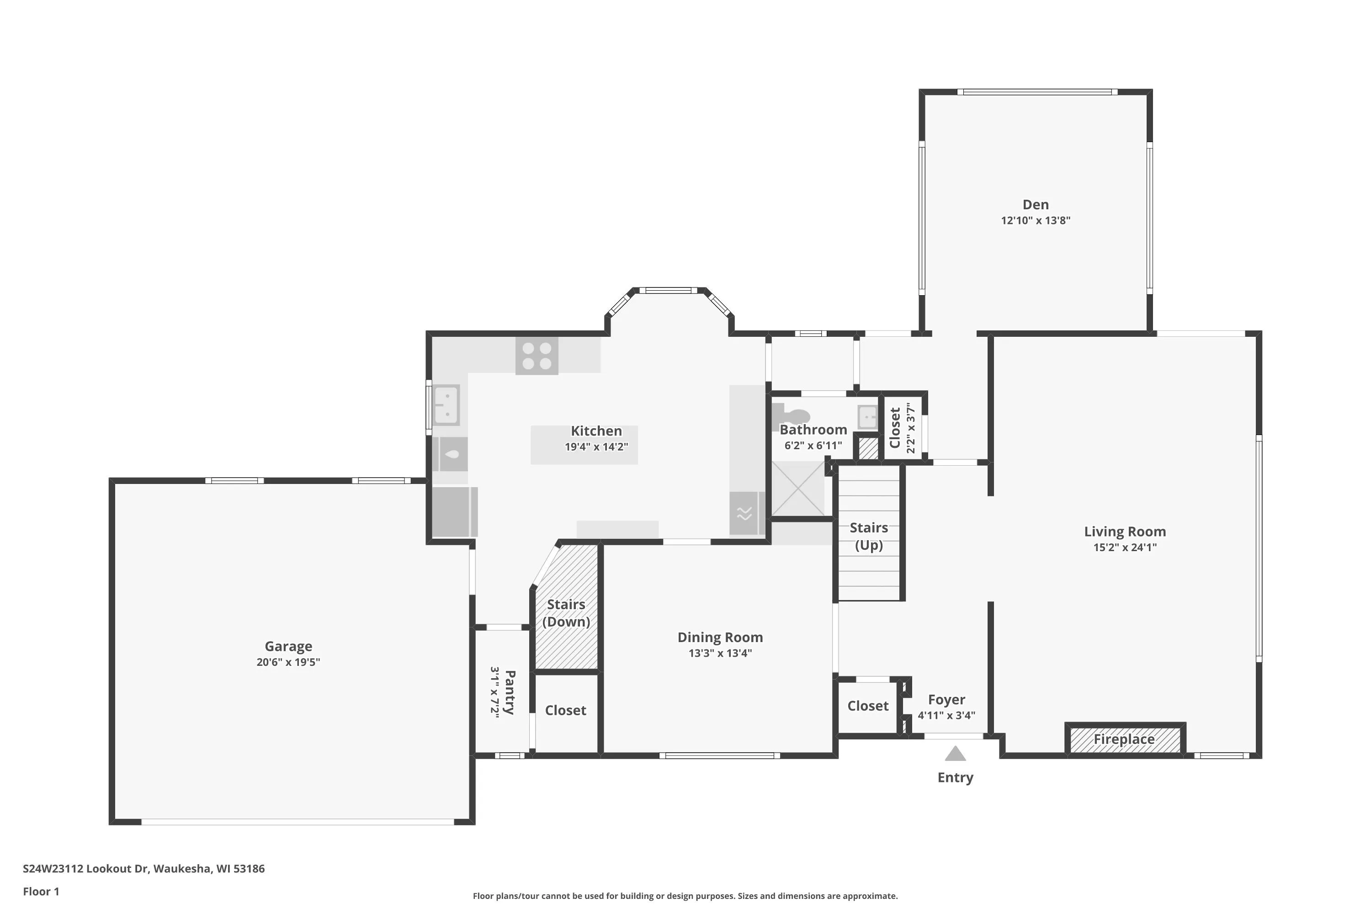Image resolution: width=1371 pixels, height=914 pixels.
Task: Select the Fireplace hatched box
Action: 1125,739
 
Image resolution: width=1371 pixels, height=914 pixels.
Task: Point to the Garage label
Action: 288,647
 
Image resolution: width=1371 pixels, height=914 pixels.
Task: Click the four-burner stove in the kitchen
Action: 536,356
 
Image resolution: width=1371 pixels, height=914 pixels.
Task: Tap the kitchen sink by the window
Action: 446,405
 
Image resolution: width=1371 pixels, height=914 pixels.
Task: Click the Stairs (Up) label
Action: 869,536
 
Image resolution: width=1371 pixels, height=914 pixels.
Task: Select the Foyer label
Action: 946,700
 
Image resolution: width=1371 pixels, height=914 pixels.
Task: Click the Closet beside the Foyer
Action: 868,706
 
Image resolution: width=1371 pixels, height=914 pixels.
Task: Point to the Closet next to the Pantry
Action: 565,711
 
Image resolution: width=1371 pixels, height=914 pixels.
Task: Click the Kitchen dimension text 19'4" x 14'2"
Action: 596,447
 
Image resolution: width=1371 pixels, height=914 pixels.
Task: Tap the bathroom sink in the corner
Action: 867,417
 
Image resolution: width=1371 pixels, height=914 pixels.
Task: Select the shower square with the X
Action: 798,489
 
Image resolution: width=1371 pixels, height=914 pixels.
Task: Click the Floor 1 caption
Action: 41,891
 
